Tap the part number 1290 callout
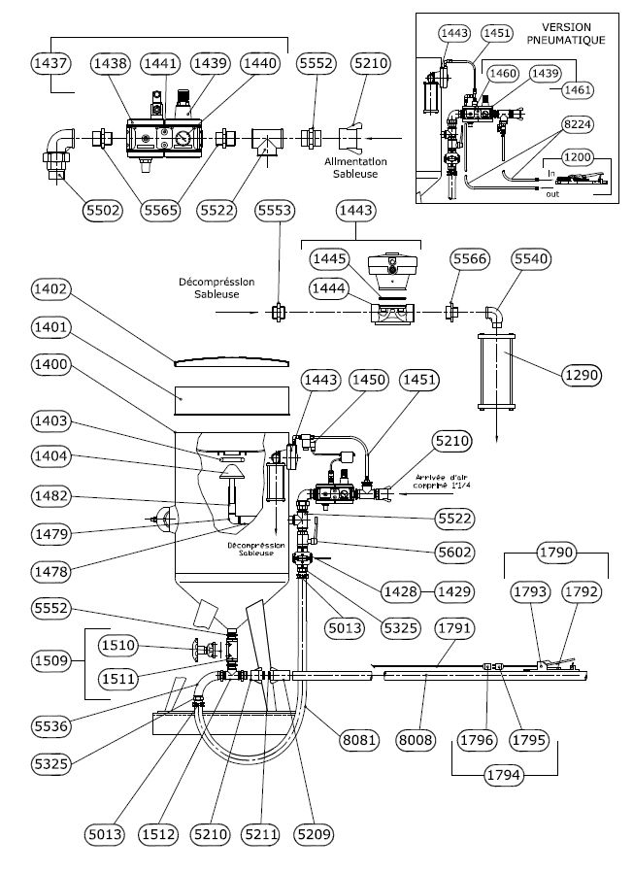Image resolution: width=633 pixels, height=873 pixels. [x=580, y=374]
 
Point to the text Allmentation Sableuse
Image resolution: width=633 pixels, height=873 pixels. [x=352, y=167]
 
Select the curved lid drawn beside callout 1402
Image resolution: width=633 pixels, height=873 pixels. [x=230, y=360]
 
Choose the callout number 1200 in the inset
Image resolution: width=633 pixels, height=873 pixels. [x=579, y=156]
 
